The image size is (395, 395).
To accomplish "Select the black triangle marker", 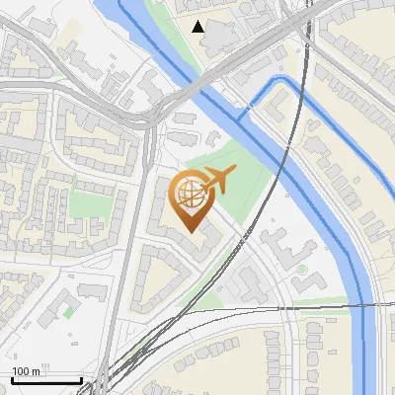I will click(x=199, y=27).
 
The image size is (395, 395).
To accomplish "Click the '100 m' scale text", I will click(x=26, y=371).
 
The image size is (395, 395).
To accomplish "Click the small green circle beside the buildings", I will click(x=301, y=270).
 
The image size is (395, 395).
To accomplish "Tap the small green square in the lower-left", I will click(x=67, y=312).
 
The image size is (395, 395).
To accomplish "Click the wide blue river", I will click(x=336, y=237).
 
